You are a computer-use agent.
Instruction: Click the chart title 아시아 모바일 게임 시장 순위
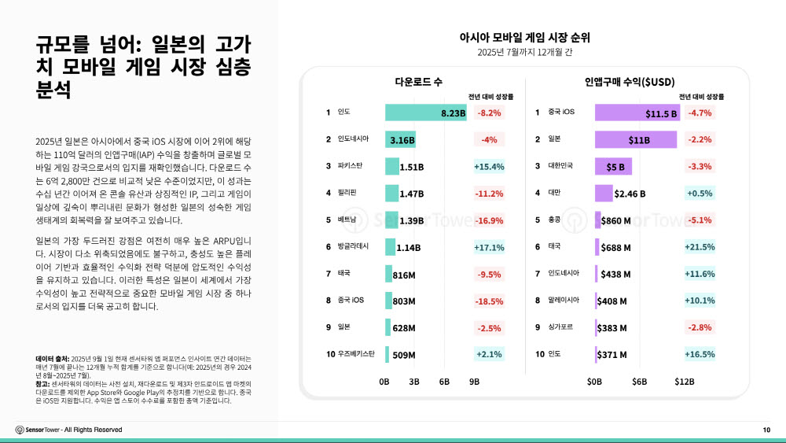tap(525, 37)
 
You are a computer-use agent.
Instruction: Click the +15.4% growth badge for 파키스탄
tap(488, 167)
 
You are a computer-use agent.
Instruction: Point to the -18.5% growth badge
tap(489, 301)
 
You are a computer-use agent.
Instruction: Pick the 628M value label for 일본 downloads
tap(404, 328)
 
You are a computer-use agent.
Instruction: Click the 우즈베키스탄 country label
tap(356, 353)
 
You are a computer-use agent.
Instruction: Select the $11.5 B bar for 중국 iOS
tap(637, 113)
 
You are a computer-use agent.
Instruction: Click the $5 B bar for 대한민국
tap(613, 167)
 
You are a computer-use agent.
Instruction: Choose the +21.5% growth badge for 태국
tap(700, 247)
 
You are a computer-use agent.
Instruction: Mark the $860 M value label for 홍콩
tap(616, 220)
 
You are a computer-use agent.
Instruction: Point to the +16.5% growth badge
tap(700, 354)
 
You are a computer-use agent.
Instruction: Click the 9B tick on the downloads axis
tap(474, 382)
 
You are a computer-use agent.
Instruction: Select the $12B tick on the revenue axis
tap(685, 382)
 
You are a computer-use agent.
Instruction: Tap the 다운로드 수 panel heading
tap(418, 82)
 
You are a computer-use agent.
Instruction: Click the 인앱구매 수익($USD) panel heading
tap(630, 82)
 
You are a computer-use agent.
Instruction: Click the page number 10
tap(766, 430)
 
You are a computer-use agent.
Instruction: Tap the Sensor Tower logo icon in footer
tap(20, 430)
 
